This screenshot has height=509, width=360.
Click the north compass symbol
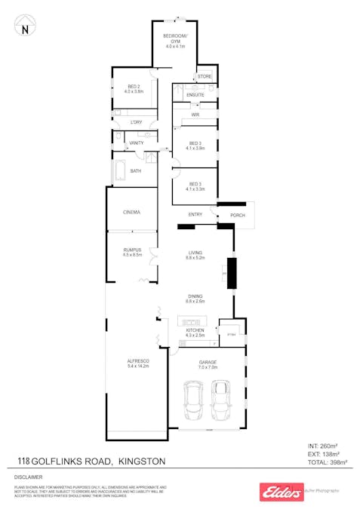[25, 26]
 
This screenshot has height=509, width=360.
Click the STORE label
[205, 77]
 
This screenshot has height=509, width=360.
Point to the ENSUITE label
[195, 94]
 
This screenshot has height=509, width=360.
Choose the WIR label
[195, 115]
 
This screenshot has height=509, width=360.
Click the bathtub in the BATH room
[120, 171]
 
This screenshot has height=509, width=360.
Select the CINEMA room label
[132, 212]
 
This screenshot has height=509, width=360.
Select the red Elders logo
[280, 492]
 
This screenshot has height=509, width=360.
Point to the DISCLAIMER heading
[28, 477]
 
